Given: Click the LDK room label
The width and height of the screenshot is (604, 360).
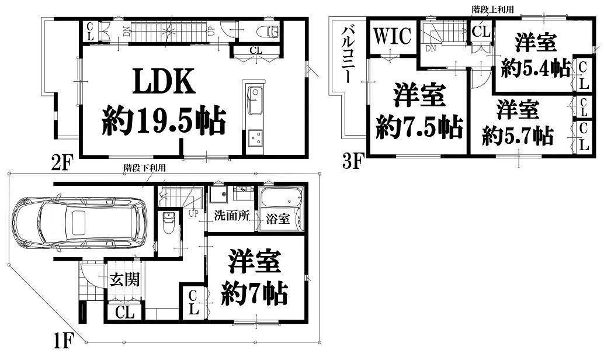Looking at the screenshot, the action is (x=164, y=81).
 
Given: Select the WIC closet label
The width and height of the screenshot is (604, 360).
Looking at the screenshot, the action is (x=393, y=36).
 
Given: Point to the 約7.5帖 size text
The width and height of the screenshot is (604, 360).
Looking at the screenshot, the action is (x=419, y=127).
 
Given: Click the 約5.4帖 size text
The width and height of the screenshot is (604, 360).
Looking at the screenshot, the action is (x=536, y=69).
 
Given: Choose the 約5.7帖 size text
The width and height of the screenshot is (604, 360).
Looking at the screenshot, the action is (x=518, y=136).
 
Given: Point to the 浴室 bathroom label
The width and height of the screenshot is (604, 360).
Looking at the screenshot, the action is (x=277, y=219).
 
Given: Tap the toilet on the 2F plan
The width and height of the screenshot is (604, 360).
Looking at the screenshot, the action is (x=268, y=31).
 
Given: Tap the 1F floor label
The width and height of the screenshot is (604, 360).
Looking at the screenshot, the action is (x=63, y=341).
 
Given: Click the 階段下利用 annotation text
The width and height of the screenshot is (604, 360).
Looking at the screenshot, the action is (x=144, y=168).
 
